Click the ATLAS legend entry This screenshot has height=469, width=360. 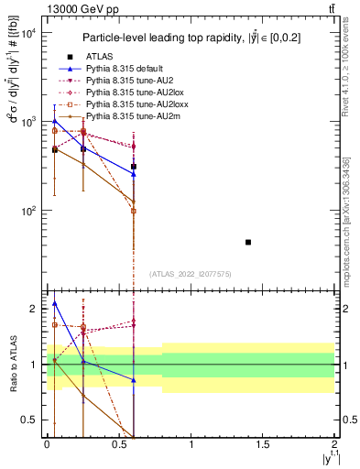[x=100, y=56]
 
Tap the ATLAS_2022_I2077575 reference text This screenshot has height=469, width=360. [x=191, y=274]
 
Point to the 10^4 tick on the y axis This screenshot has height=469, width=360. [x=27, y=33]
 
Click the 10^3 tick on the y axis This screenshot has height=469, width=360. [x=27, y=122]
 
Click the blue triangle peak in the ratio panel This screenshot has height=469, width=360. [x=55, y=303]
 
